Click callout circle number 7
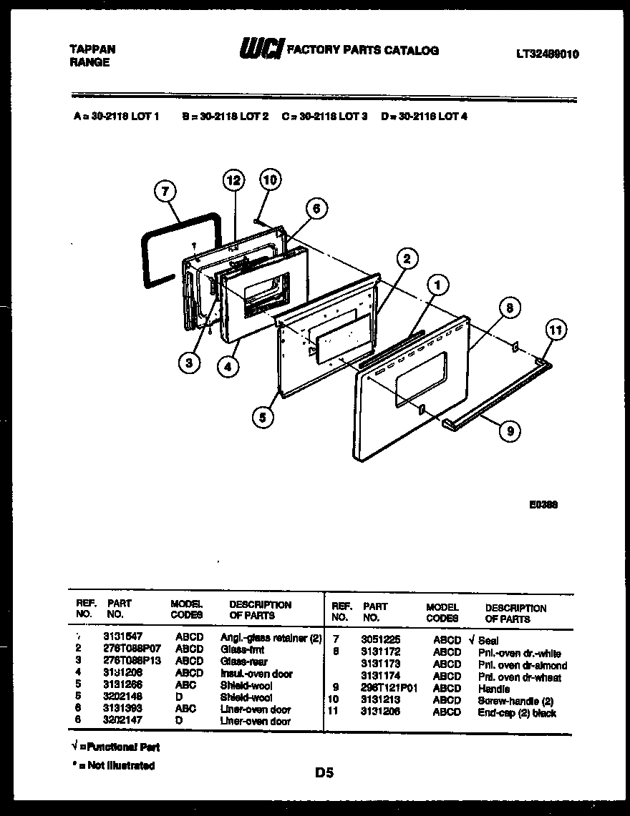165,191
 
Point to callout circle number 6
316,208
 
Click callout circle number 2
406,258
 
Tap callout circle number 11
555,330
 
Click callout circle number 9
509,430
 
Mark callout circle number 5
263,418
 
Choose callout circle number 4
227,366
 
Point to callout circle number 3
188,363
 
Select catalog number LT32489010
547,54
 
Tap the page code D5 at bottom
324,772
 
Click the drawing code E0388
543,503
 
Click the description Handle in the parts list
494,689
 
